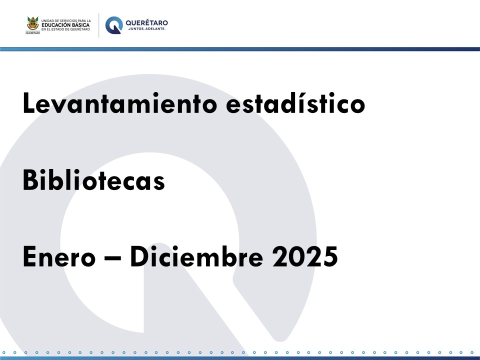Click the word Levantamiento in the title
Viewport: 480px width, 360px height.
click(119, 103)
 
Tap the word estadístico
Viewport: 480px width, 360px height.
click(295, 103)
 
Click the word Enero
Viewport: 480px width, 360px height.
click(59, 256)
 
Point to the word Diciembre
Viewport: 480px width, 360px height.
click(196, 256)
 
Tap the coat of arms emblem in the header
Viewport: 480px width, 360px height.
click(33, 23)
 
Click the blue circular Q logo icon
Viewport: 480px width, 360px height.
click(114, 25)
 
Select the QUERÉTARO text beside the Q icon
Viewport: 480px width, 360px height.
click(146, 22)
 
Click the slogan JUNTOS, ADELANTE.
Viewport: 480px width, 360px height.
click(146, 29)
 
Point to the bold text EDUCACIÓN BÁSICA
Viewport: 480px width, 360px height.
click(65, 25)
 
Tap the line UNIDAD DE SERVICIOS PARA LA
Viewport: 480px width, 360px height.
click(66, 21)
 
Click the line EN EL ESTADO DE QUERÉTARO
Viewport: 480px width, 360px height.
click(66, 29)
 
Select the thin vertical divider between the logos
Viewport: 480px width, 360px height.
click(98, 25)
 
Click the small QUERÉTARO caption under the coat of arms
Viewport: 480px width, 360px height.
click(33, 33)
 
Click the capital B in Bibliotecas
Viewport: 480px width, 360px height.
click(30, 179)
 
